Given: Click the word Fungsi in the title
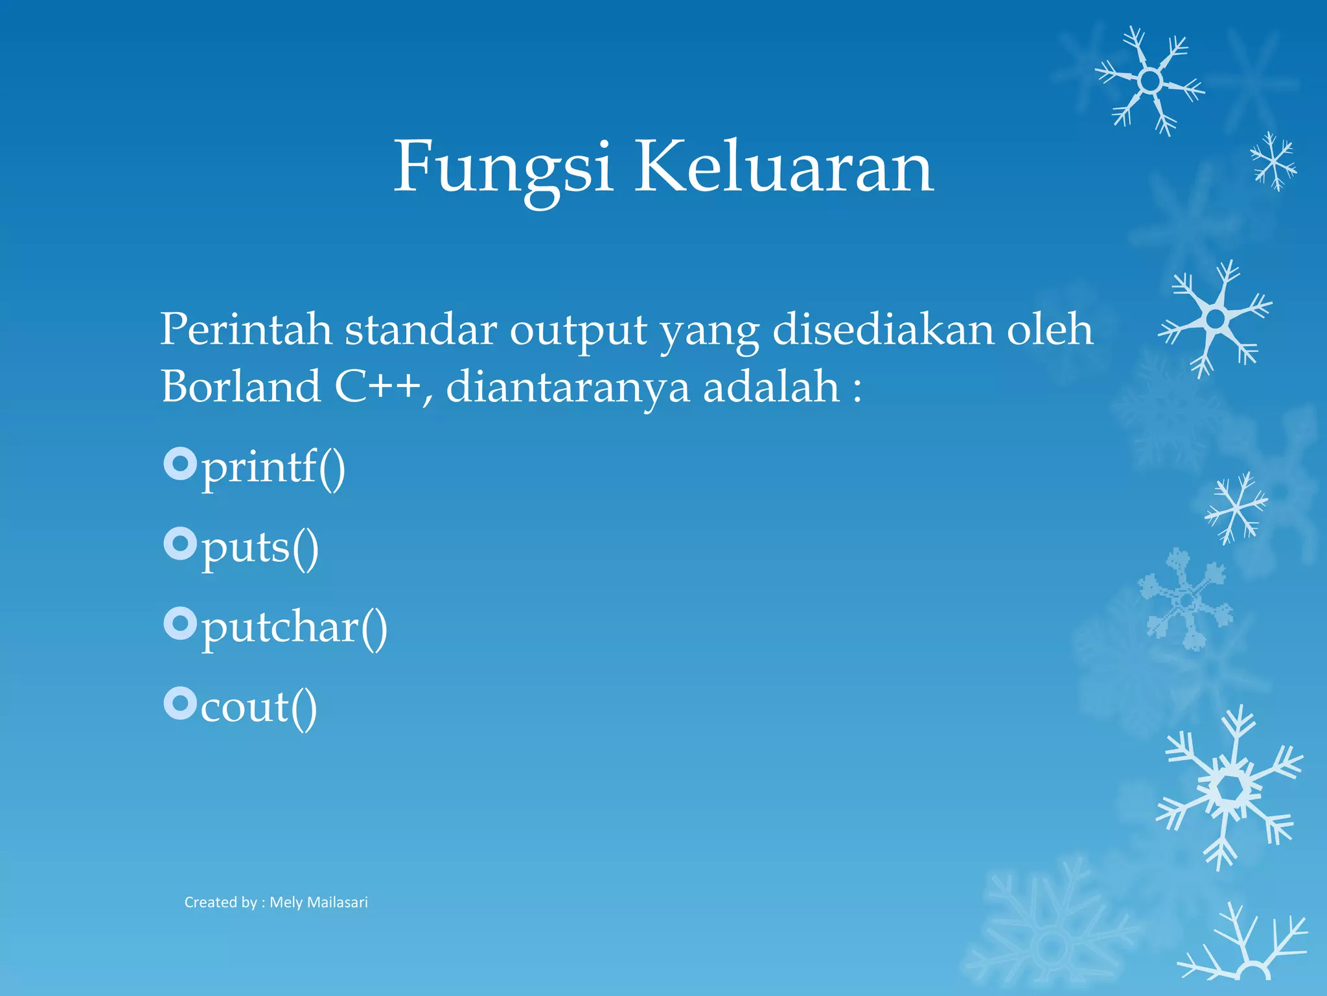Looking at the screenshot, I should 503,168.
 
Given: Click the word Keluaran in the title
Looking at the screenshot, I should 784,167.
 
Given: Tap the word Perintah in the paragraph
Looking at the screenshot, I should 246,329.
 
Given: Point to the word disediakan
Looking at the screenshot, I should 883,329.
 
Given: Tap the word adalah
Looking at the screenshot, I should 771,387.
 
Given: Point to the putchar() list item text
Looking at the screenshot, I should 294,628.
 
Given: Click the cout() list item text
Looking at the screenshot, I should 259,707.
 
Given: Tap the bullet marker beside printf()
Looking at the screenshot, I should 179,464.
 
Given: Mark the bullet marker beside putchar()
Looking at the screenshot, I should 179,624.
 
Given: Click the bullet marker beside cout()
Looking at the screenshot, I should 179,704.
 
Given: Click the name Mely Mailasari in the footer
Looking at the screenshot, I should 319,902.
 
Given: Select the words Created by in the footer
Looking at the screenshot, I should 220,902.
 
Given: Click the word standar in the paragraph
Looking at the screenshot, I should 421,329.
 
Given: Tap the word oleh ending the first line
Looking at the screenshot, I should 1050,329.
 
